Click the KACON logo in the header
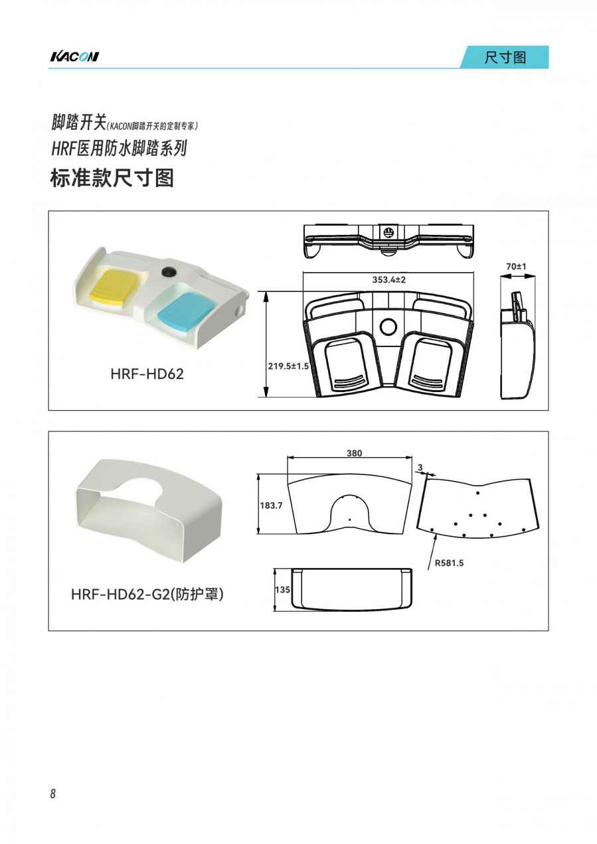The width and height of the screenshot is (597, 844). pyautogui.click(x=74, y=56)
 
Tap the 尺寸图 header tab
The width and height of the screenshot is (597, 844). pyautogui.click(x=505, y=57)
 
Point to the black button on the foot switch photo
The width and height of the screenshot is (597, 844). pyautogui.click(x=166, y=271)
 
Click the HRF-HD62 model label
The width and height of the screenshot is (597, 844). pyautogui.click(x=147, y=374)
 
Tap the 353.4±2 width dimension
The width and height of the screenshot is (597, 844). pyautogui.click(x=389, y=279)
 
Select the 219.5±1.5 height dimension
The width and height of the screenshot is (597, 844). pyautogui.click(x=288, y=366)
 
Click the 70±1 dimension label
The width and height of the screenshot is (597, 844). pyautogui.click(x=516, y=266)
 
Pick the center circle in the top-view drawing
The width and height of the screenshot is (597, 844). pyautogui.click(x=388, y=326)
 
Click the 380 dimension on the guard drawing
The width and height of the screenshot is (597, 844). pyautogui.click(x=355, y=453)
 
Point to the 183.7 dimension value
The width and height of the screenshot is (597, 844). pyautogui.click(x=271, y=506)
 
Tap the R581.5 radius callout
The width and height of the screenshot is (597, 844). pyautogui.click(x=449, y=563)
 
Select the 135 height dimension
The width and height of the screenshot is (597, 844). pyautogui.click(x=282, y=589)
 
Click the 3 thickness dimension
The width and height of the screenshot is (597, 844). pyautogui.click(x=420, y=468)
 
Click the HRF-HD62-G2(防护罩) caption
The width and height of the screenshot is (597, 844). pyautogui.click(x=147, y=595)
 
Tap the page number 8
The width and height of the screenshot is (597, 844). pyautogui.click(x=53, y=794)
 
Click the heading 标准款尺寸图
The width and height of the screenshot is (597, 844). pyautogui.click(x=112, y=178)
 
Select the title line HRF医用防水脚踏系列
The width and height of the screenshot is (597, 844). pyautogui.click(x=119, y=149)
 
